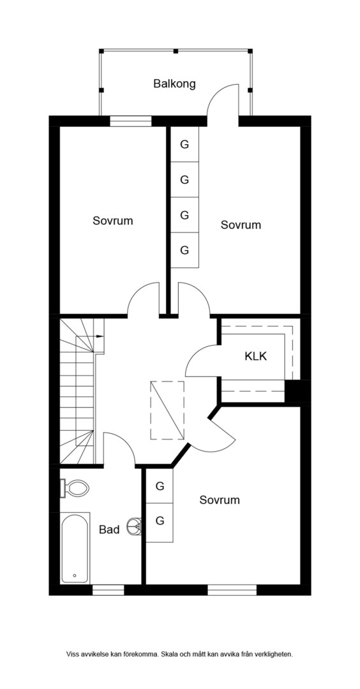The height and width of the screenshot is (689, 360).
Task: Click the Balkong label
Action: tap(174, 84)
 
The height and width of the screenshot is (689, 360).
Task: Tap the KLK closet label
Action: tap(256, 356)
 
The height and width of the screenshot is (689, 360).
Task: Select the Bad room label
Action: tap(109, 530)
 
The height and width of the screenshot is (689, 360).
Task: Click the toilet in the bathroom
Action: tap(75, 488)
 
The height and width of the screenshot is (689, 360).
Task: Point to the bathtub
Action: tap(75, 548)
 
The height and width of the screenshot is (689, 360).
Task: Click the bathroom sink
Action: tap(135, 525)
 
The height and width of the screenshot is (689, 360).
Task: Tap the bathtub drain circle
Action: tap(75, 575)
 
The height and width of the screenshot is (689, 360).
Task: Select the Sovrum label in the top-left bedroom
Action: tap(112, 221)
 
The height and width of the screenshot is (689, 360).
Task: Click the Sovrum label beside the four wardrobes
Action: tap(241, 225)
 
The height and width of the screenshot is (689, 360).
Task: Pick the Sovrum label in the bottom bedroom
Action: tap(220, 500)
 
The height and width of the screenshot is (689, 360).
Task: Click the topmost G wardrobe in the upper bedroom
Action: tap(184, 144)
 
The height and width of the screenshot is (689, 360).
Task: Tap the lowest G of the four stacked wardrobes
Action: tap(184, 250)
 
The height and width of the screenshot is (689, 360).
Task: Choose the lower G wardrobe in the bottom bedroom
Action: tap(160, 521)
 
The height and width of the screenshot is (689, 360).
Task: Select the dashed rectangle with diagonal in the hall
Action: tap(167, 410)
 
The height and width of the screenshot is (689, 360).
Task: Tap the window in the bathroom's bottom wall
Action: tap(109, 590)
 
